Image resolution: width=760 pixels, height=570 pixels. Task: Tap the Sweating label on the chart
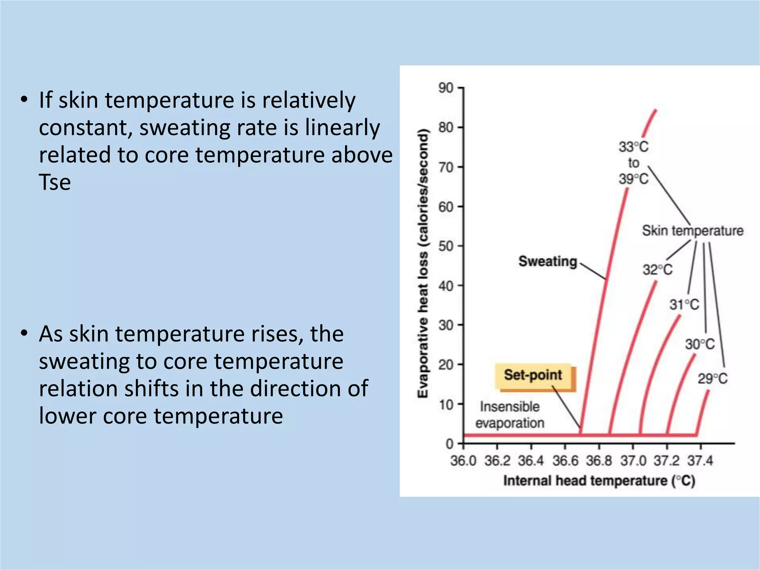pyautogui.click(x=547, y=261)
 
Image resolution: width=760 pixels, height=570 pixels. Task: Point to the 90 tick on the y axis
pyautogui.click(x=446, y=88)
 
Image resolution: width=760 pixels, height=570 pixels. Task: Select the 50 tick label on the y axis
pyautogui.click(x=446, y=246)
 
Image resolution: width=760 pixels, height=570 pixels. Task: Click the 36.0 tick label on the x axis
pyautogui.click(x=463, y=461)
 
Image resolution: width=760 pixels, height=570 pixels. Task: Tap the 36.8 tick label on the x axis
pyautogui.click(x=599, y=461)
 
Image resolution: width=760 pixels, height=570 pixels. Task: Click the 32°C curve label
pyautogui.click(x=658, y=270)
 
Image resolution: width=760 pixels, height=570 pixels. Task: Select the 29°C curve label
pyautogui.click(x=712, y=379)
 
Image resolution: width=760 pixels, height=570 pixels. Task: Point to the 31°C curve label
pyautogui.click(x=684, y=305)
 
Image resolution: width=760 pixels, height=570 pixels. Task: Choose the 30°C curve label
pyautogui.click(x=700, y=344)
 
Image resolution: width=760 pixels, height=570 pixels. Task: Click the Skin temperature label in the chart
pyautogui.click(x=693, y=231)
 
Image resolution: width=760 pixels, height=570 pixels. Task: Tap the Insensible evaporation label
pyautogui.click(x=510, y=415)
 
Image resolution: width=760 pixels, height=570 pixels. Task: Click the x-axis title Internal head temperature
pyautogui.click(x=599, y=481)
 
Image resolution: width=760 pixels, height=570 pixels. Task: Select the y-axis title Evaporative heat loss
pyautogui.click(x=423, y=263)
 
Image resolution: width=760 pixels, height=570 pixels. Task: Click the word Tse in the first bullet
pyautogui.click(x=55, y=182)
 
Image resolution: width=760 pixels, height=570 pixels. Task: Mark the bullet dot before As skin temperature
pyautogui.click(x=24, y=333)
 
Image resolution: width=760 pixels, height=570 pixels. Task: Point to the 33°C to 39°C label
pyautogui.click(x=633, y=163)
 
